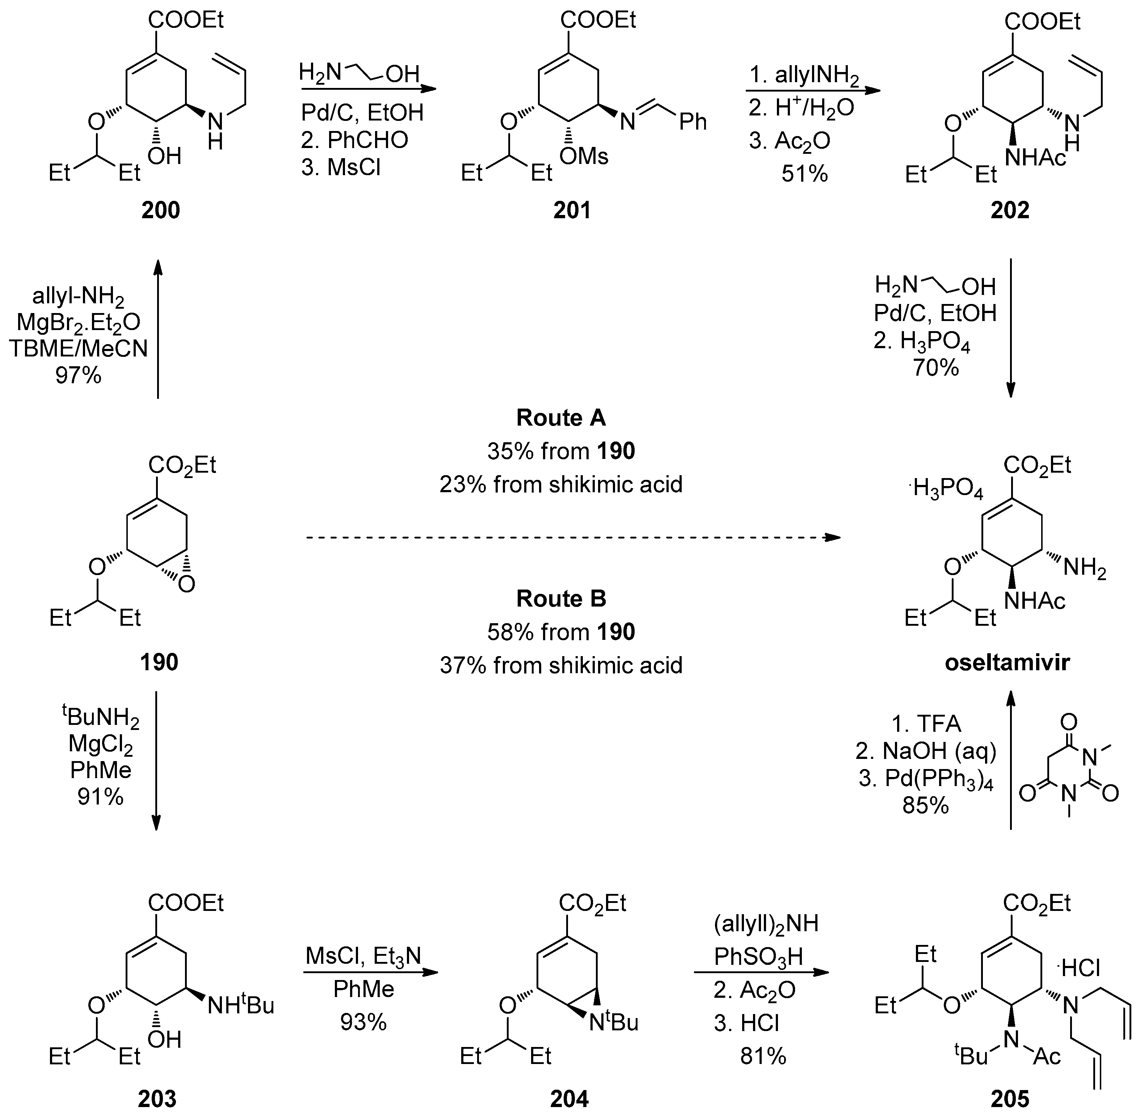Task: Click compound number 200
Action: point(160,210)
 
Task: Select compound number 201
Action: point(572,210)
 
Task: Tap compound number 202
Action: point(1010,210)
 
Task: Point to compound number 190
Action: point(159,662)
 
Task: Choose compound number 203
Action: point(157,1098)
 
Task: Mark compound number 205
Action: point(1010,1098)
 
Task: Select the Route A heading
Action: point(561,418)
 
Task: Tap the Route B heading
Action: point(561,598)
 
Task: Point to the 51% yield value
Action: point(804,174)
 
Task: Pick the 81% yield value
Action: point(763,1056)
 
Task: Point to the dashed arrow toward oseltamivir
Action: point(573,537)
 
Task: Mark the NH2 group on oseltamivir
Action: point(1085,569)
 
